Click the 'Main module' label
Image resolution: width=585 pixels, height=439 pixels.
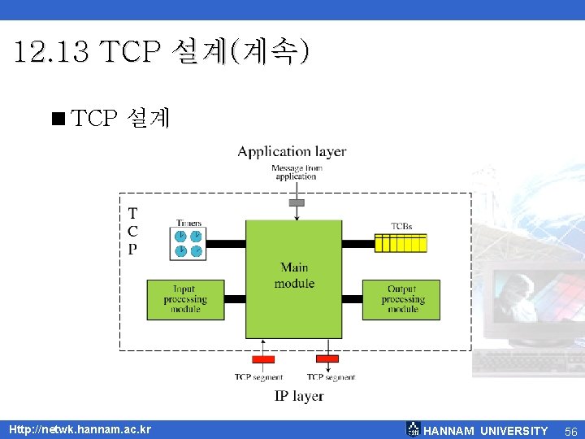click(293, 276)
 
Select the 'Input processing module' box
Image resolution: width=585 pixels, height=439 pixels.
click(184, 299)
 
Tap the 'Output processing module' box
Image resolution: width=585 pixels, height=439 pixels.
click(401, 299)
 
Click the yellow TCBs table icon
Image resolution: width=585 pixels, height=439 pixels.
click(401, 242)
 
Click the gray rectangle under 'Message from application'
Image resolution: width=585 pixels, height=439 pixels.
click(297, 202)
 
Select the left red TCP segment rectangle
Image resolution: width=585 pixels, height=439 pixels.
click(263, 359)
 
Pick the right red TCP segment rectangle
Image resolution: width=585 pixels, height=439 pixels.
click(327, 359)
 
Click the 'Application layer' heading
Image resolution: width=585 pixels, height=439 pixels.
click(292, 151)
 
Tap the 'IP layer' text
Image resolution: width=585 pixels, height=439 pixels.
click(298, 396)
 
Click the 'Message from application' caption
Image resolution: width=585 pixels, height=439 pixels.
click(296, 172)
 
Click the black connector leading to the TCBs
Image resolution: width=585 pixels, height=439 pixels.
click(357, 242)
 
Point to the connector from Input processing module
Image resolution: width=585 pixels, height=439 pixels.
click(234, 299)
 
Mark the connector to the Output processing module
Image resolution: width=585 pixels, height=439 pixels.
click(352, 299)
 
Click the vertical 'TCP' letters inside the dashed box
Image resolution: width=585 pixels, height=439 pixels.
click(132, 232)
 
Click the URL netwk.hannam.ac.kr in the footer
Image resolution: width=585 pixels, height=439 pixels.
click(80, 429)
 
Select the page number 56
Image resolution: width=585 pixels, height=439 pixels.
click(570, 431)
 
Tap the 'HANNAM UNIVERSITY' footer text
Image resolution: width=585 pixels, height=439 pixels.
click(486, 431)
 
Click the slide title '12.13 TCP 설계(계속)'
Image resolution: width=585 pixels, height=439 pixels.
click(161, 53)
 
